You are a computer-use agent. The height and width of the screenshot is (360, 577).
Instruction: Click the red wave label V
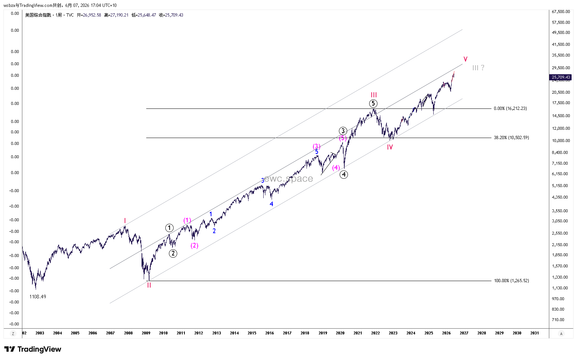(x=465, y=59)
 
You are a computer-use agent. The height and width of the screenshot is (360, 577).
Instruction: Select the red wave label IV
(x=390, y=147)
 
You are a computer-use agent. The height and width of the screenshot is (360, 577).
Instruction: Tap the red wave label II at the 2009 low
(x=149, y=285)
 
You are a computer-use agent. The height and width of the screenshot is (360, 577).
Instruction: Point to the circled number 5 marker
(x=373, y=103)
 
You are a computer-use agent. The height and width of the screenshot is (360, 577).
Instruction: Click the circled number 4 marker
(x=344, y=175)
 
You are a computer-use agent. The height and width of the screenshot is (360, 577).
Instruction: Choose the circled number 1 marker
(x=169, y=228)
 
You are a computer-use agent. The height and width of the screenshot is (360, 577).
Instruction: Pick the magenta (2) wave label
(x=194, y=245)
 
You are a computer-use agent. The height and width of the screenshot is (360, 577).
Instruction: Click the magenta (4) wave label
(x=336, y=168)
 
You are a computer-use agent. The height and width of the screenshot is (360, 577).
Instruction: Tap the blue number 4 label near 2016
(x=271, y=204)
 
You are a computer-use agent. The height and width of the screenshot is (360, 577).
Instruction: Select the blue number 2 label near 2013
(x=214, y=231)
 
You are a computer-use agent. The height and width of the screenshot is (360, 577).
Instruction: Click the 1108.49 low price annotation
(x=37, y=297)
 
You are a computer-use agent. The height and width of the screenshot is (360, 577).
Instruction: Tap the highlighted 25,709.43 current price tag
(x=560, y=77)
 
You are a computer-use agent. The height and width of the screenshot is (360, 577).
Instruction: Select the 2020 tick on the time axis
(x=340, y=333)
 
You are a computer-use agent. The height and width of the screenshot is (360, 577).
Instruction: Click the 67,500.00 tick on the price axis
(x=561, y=12)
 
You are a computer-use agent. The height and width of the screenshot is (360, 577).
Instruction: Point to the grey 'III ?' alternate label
(x=478, y=68)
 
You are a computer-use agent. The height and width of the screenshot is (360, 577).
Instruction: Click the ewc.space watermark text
(x=288, y=178)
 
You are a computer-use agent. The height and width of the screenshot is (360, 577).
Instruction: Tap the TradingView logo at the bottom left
(x=33, y=349)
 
